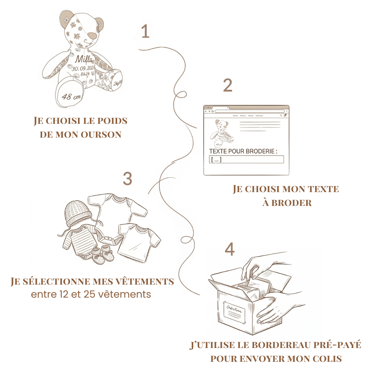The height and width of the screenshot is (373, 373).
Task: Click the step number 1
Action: [x=145, y=32]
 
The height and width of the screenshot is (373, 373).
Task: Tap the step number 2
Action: [x=228, y=85]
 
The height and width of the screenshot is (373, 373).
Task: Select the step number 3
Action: [x=128, y=179]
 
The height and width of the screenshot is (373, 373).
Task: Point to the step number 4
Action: [x=230, y=249]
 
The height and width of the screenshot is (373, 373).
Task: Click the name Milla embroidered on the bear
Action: [x=85, y=60]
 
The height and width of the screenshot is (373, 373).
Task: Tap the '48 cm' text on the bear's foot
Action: [x=71, y=97]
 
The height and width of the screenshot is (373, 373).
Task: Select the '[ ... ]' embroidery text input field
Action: [x=246, y=160]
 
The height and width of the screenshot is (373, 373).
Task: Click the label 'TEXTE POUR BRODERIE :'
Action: [x=243, y=151]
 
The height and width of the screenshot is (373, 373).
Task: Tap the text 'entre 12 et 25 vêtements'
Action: [x=91, y=294]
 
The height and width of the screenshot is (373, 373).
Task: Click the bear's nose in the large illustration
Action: [x=93, y=36]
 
